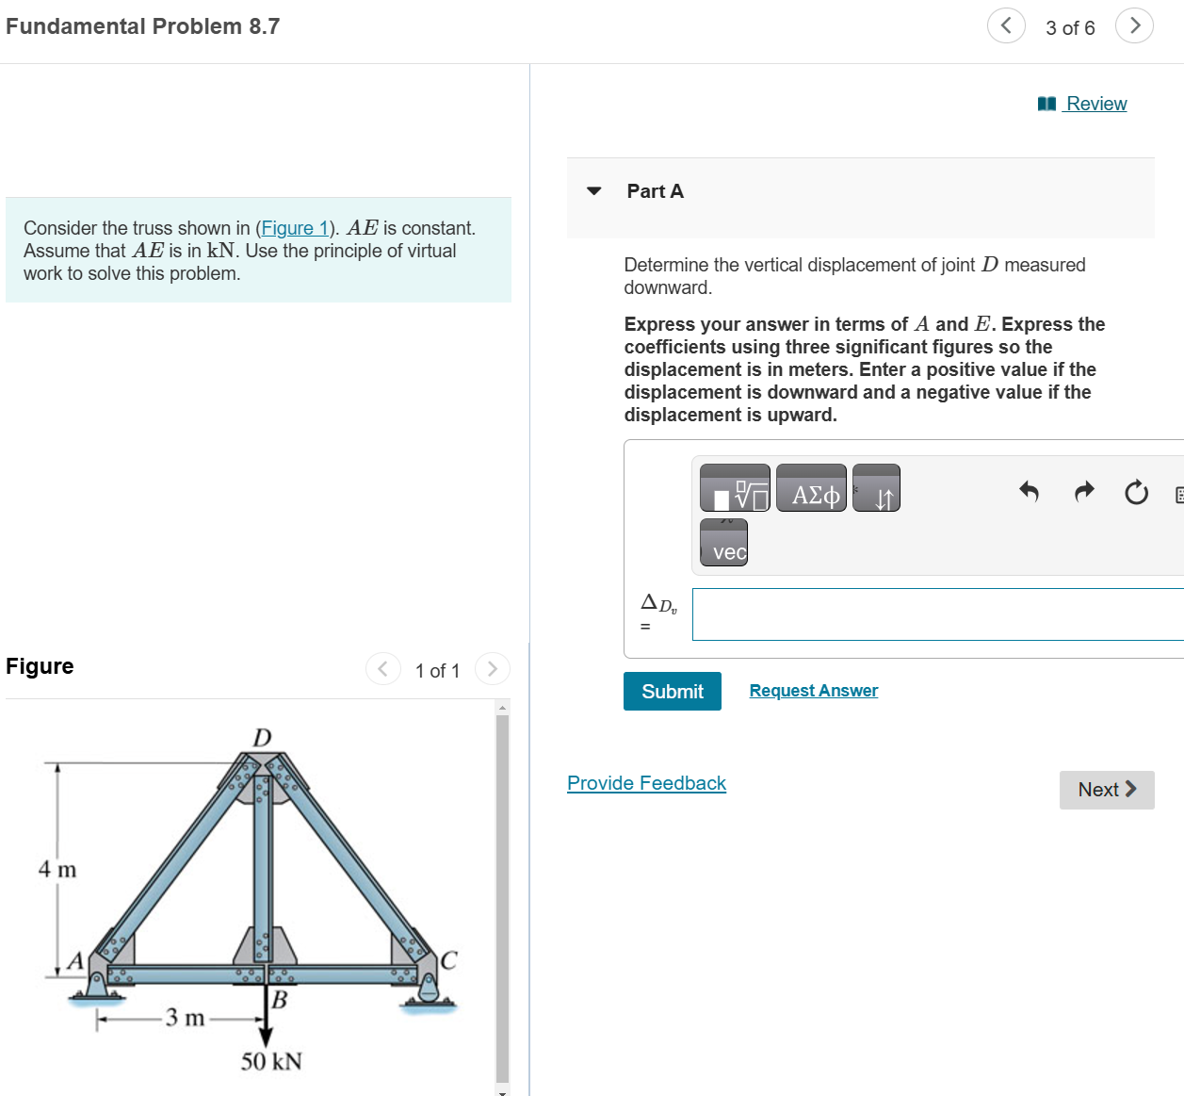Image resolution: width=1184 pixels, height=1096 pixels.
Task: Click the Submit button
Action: (672, 691)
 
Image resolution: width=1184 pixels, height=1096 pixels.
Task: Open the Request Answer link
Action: (813, 691)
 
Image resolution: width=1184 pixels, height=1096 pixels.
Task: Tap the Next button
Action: (1106, 790)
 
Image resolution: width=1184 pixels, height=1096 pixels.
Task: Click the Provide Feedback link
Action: (646, 783)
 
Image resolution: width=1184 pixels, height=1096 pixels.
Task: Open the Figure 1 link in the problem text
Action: (294, 228)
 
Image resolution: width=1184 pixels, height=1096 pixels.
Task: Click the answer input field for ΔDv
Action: (937, 614)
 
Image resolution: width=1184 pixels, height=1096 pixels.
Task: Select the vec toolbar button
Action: (723, 543)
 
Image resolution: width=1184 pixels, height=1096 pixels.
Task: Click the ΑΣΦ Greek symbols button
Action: (811, 488)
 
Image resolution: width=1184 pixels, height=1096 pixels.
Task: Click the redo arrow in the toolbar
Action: (1084, 490)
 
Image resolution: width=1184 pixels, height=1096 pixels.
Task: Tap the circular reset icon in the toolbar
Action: (1136, 492)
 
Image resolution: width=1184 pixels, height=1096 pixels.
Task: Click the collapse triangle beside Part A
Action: (593, 191)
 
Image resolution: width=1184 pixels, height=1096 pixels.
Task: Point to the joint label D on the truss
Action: (262, 737)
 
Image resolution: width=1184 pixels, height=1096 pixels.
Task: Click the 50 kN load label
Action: (271, 1061)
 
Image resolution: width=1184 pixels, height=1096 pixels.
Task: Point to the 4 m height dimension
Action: (57, 869)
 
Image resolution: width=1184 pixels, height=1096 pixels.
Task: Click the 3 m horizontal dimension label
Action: (185, 1018)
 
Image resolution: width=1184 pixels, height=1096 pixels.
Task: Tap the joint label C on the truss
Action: (448, 960)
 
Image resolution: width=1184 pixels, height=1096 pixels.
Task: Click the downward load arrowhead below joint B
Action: (266, 1037)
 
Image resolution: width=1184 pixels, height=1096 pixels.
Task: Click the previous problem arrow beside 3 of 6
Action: (1005, 25)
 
